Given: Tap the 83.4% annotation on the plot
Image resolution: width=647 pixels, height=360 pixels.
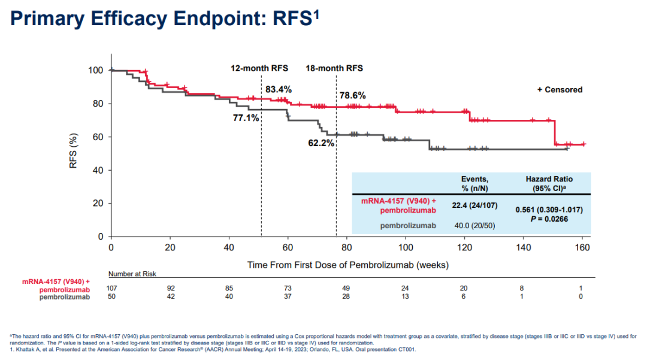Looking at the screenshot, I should [x=279, y=89].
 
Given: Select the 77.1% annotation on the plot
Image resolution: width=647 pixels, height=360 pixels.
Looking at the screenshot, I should [x=246, y=118].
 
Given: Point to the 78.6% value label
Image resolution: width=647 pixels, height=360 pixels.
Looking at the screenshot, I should [x=353, y=95].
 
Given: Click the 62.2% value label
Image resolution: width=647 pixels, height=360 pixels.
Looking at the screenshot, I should [x=321, y=144].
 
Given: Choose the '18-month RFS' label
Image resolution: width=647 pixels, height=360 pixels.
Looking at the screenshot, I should [x=334, y=68].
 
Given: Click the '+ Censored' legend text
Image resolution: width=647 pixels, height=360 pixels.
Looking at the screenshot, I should [x=560, y=90].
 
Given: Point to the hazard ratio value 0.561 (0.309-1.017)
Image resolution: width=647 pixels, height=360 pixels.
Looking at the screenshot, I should [x=549, y=210].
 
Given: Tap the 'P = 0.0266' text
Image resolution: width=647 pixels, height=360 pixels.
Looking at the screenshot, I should [x=549, y=220].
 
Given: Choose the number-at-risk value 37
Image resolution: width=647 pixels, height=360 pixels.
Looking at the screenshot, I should [x=288, y=297].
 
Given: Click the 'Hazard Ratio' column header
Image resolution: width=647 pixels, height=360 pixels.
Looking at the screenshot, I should [x=549, y=179].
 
